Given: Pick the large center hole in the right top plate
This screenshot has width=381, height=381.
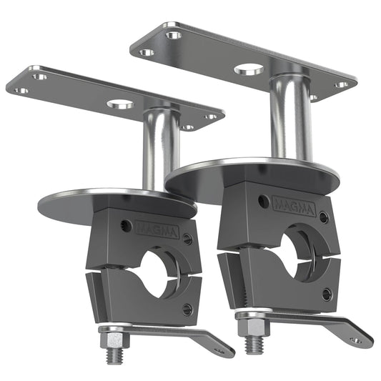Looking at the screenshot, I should (x=249, y=70).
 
